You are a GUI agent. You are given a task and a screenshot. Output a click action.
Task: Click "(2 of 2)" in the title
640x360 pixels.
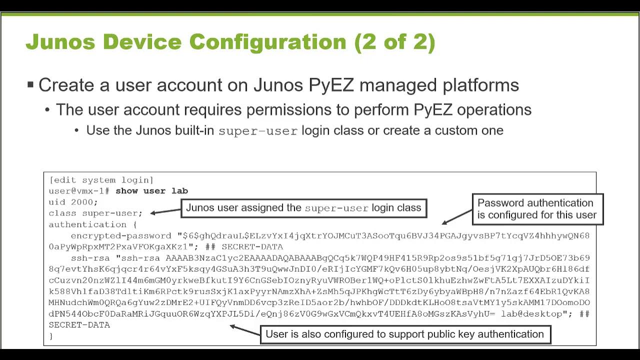point(394,42)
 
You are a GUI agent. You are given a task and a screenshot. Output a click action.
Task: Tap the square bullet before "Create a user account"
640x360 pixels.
point(30,84)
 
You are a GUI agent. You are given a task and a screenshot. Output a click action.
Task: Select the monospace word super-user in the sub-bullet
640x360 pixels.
point(258,131)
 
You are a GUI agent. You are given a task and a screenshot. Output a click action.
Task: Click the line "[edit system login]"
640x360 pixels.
point(101,180)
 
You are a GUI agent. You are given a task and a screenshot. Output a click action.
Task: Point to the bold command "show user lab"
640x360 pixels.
point(151,191)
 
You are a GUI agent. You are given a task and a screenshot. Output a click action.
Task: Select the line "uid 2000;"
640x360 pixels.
point(73,202)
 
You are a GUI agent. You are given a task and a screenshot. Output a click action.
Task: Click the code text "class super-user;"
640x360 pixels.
point(95,213)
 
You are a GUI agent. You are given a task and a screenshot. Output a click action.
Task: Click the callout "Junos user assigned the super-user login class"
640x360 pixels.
point(303,208)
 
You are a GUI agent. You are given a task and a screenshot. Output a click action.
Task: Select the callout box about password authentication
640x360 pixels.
point(537,209)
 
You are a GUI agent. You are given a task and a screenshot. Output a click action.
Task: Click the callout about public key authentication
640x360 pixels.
point(404,334)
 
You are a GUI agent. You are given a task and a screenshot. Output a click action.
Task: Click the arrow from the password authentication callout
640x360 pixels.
point(456,217)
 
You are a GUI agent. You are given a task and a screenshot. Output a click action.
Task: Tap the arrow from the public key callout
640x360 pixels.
point(244,329)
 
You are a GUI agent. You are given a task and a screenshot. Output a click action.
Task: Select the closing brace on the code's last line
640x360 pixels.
point(51,336)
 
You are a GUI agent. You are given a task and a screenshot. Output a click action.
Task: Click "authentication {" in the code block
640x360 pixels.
point(92,224)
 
